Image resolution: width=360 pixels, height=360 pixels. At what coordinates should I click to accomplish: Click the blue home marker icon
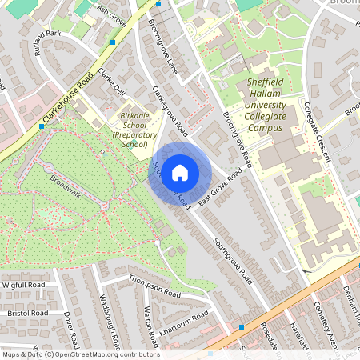[x=180, y=172]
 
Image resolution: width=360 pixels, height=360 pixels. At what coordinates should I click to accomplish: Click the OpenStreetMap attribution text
[x=80, y=354]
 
